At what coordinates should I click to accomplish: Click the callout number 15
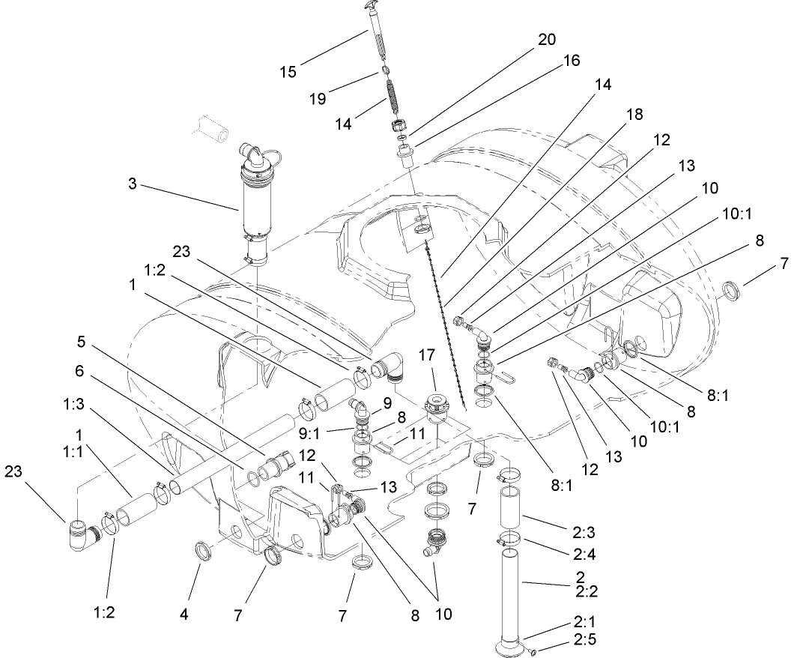[x=288, y=72]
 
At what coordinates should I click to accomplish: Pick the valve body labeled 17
[x=435, y=408]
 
